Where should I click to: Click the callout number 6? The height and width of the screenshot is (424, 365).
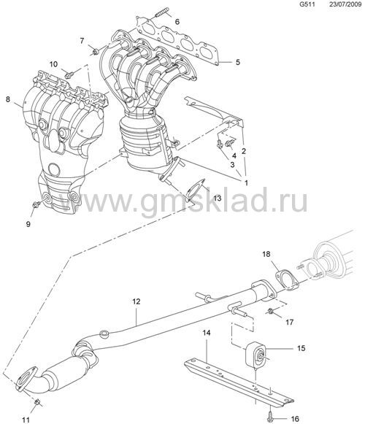click(177, 22)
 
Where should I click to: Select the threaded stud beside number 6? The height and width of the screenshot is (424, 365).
click(162, 12)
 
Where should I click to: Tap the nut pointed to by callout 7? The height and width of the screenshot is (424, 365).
click(95, 51)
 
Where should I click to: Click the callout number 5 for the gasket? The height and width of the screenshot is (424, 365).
click(237, 62)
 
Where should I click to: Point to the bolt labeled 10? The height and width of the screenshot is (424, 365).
click(69, 74)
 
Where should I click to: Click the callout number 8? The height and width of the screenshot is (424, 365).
click(8, 99)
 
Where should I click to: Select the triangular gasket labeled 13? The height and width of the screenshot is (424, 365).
click(195, 188)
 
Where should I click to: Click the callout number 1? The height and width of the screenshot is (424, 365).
click(246, 183)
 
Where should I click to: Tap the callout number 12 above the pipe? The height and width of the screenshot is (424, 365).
click(137, 301)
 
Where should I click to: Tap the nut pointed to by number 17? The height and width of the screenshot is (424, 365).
click(270, 311)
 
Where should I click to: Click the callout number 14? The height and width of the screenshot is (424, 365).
click(207, 333)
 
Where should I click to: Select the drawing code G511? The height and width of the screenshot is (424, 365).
click(307, 4)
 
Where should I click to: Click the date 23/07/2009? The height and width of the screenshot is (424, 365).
click(345, 4)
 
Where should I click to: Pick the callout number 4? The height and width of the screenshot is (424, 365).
click(234, 155)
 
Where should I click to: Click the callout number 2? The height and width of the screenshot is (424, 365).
click(244, 151)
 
